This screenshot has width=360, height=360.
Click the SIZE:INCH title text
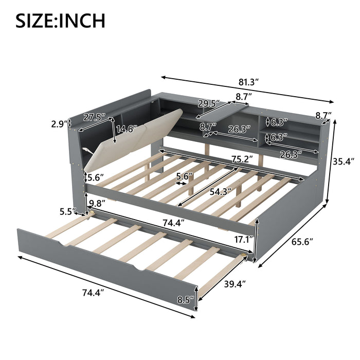pyautogui.click(x=61, y=21)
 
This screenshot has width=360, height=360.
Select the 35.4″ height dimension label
pyautogui.click(x=346, y=161)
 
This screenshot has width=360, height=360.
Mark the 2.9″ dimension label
pyautogui.click(x=59, y=124)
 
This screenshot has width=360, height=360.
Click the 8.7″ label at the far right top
pyautogui.click(x=323, y=115)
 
